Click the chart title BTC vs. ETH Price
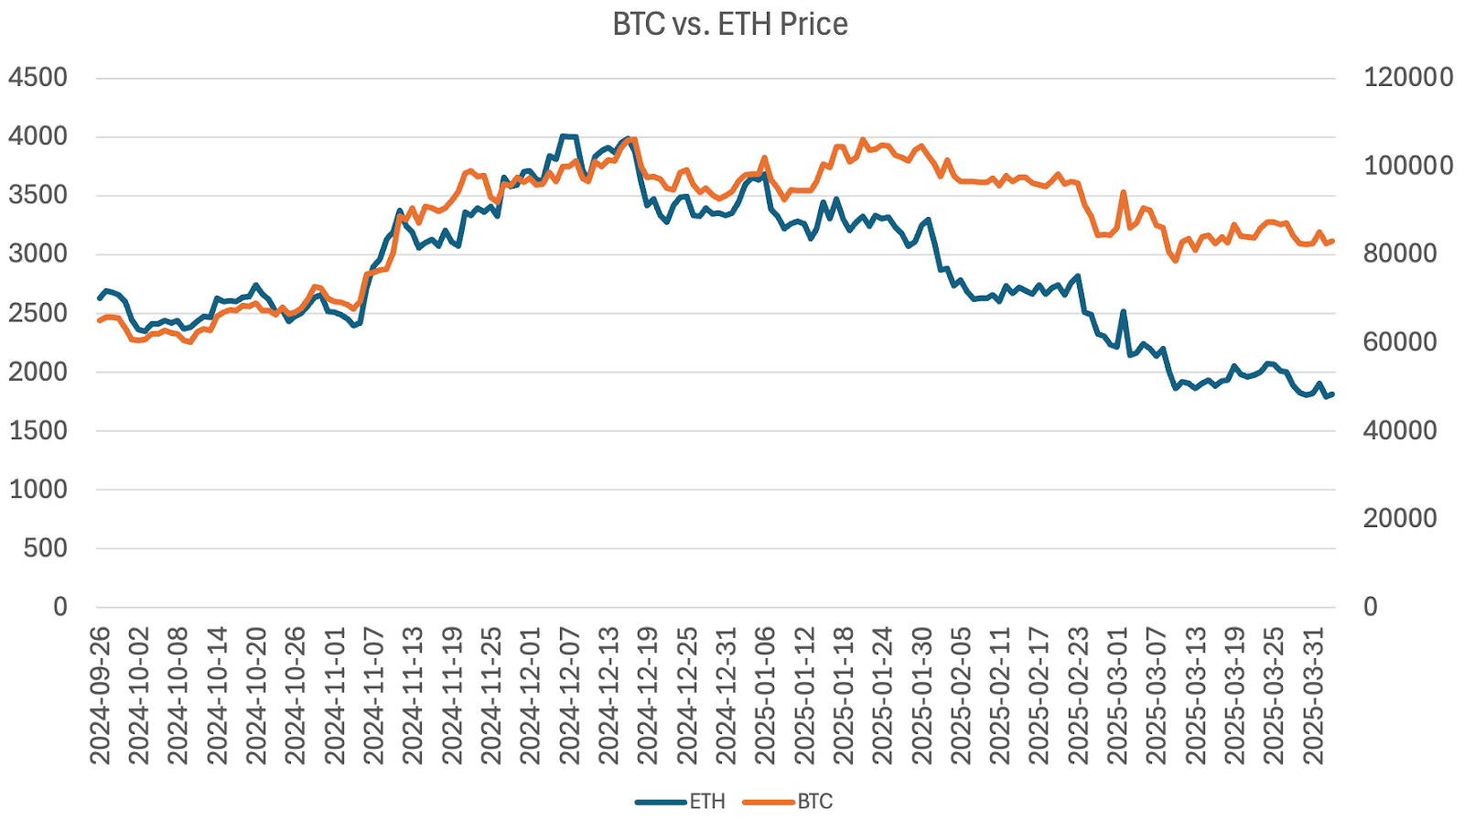click(730, 24)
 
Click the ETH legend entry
click(706, 802)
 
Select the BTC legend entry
click(814, 802)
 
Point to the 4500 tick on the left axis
click(38, 78)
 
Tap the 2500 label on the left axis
click(38, 313)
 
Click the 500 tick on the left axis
click(46, 548)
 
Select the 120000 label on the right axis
click(1408, 78)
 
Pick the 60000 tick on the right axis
click(1400, 342)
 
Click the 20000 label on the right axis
click(1400, 519)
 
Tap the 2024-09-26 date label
click(100, 696)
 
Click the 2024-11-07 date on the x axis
click(374, 696)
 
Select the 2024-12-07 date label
click(570, 696)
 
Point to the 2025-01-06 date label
click(766, 696)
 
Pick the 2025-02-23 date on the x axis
click(1080, 696)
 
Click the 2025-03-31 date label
click(1315, 696)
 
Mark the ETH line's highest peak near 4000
click(564, 136)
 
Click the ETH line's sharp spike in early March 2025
click(1123, 312)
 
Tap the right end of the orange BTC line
click(1332, 241)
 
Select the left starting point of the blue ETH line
click(100, 298)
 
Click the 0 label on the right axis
click(1371, 607)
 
